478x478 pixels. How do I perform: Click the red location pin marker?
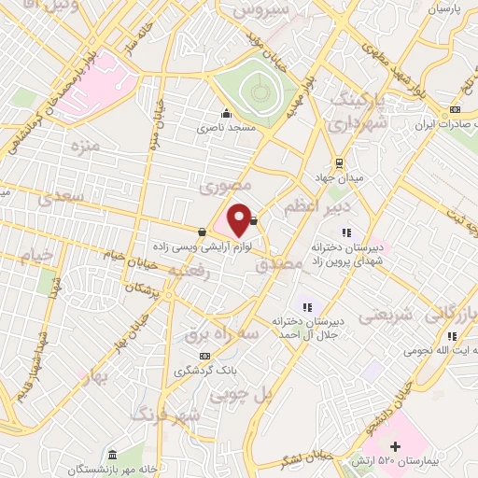coord(240,219)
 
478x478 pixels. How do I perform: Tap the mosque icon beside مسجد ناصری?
coord(226,115)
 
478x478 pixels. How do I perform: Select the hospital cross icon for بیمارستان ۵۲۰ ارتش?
coord(395,446)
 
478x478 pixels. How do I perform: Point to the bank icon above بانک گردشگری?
coord(204,355)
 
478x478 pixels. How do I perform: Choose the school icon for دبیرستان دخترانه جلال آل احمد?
coord(306,307)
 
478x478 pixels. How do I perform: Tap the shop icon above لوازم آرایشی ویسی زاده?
coord(203,232)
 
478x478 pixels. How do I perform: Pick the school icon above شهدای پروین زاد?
coord(346,232)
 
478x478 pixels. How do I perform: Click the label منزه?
coord(84,147)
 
